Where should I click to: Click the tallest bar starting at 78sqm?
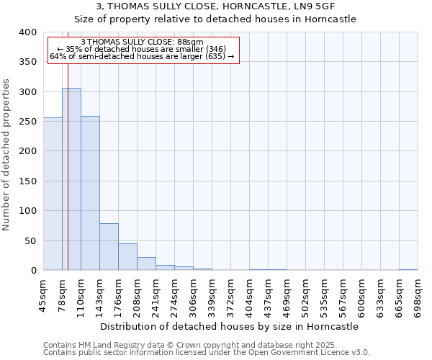(x=71, y=179)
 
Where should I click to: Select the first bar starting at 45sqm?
(x=53, y=194)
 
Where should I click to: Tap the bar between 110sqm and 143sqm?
(x=90, y=194)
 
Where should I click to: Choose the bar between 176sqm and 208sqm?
(x=127, y=257)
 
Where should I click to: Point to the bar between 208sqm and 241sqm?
(x=146, y=264)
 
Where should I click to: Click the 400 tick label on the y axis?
(x=28, y=32)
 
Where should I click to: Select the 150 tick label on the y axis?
(x=28, y=181)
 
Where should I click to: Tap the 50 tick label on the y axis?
(x=31, y=241)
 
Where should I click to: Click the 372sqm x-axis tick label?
(x=230, y=295)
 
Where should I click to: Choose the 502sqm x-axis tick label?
(x=305, y=295)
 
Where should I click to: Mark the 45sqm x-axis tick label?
(x=43, y=295)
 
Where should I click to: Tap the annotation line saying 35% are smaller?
(x=142, y=49)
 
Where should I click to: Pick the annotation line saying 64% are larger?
(x=142, y=56)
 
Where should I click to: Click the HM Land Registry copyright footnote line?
(x=189, y=345)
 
